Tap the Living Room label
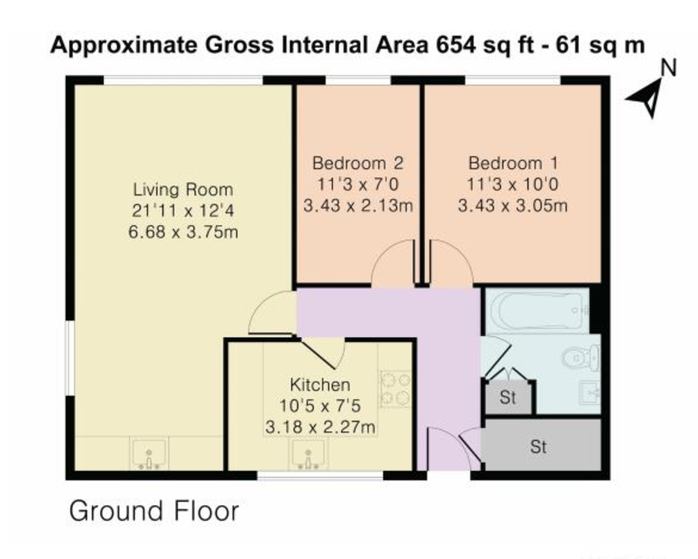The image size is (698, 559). click(x=183, y=189)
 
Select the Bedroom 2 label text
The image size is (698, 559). click(x=358, y=162)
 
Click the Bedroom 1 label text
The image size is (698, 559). click(x=512, y=162)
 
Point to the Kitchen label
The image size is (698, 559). click(x=320, y=384)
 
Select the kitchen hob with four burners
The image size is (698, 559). click(x=395, y=389)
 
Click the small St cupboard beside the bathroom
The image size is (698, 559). click(x=508, y=399)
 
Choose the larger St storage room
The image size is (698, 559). click(x=539, y=446)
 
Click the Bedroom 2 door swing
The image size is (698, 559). click(x=394, y=267)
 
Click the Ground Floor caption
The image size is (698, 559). click(x=154, y=511)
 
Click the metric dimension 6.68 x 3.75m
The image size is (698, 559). click(x=183, y=232)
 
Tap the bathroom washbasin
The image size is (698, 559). click(x=590, y=392)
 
